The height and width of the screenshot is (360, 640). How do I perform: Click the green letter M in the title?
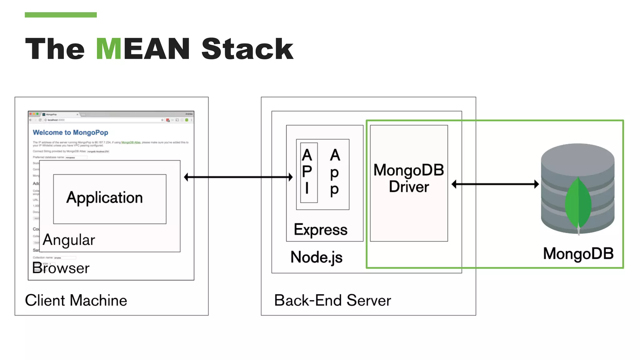[108, 49]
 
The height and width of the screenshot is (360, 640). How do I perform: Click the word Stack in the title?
[247, 49]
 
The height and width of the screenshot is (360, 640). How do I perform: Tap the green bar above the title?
[61, 15]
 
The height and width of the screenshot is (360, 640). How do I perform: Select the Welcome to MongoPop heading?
[70, 132]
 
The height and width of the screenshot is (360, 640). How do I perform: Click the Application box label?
[104, 198]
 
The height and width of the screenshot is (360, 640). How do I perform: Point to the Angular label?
[69, 240]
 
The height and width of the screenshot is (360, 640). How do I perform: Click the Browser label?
[61, 268]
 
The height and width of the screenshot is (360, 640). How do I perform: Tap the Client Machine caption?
[76, 300]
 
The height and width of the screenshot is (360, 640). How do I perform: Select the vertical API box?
[308, 172]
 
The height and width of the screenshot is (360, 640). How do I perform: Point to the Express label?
[320, 230]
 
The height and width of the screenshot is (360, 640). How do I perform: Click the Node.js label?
[316, 257]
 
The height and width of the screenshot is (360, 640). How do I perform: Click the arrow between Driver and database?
[495, 184]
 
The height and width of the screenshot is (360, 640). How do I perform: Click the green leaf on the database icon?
[578, 203]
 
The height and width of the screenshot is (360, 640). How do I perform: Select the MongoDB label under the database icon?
[578, 253]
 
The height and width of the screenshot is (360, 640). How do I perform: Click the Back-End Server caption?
[332, 300]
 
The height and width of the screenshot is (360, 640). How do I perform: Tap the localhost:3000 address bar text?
[56, 120]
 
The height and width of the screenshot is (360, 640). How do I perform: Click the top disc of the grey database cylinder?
[577, 155]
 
